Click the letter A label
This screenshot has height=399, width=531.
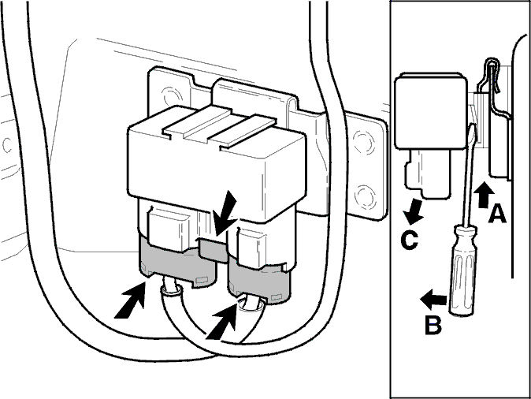click(497, 213)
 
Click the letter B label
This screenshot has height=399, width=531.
click(433, 325)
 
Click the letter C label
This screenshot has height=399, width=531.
click(409, 240)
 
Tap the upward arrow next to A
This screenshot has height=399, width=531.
click(484, 195)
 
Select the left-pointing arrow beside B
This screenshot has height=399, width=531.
click(433, 299)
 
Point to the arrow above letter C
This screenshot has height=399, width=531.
click(414, 212)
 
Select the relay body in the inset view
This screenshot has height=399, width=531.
click(431, 111)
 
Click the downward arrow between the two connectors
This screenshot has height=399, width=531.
click(224, 213)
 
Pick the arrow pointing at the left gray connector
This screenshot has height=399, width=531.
click(131, 302)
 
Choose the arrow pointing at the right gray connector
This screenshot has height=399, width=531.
click(222, 321)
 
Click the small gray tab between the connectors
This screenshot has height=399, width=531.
click(214, 249)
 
